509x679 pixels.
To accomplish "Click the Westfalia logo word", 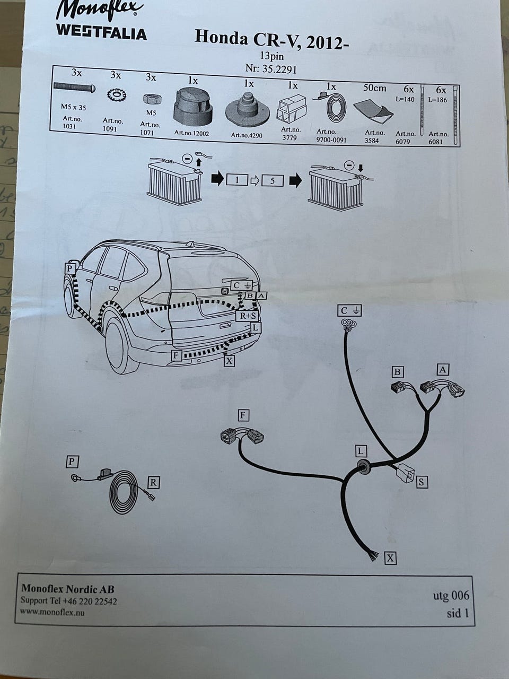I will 101,33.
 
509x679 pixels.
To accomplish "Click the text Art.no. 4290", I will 247,135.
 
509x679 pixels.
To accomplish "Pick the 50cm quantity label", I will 374,88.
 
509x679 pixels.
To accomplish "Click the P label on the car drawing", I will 69,268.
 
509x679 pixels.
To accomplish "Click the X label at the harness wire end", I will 390,558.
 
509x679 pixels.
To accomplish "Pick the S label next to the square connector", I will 422,482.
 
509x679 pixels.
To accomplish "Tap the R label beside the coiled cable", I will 153,482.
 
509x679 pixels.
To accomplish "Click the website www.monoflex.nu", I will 52,612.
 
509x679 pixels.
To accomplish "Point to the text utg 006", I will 451,595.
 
